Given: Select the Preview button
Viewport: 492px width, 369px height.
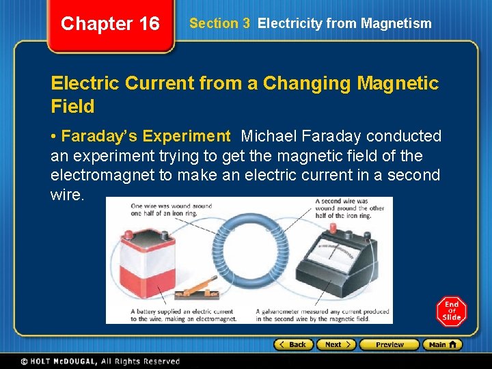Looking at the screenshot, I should [x=389, y=344].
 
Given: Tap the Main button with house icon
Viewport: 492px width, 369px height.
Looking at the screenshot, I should [x=442, y=344].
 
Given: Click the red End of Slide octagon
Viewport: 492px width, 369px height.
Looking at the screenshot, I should [x=452, y=312].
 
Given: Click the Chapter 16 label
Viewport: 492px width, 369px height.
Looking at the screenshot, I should [x=109, y=24].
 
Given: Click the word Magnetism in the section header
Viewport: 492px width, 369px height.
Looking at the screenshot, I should [x=398, y=23].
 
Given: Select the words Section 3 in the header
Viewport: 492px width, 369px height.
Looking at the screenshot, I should [x=219, y=23].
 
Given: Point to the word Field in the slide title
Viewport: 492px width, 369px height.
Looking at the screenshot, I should [x=72, y=107].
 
